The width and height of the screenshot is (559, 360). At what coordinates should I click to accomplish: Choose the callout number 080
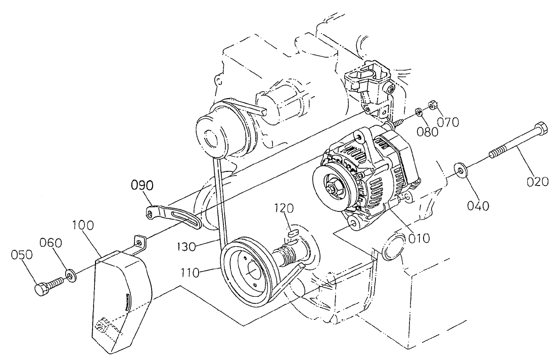click(x=427, y=132)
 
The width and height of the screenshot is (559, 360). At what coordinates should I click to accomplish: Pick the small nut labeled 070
click(x=432, y=106)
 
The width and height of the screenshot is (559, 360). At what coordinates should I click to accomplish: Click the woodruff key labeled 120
click(x=292, y=233)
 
